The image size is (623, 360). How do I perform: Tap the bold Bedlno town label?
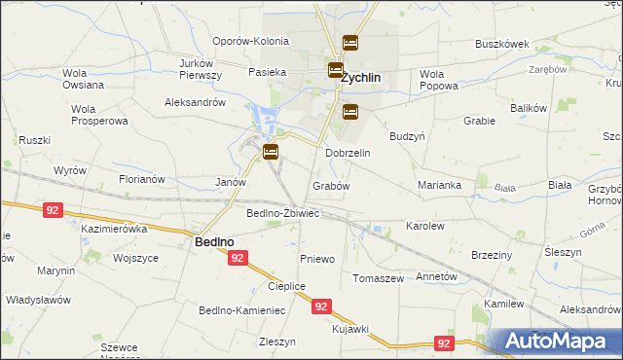213,242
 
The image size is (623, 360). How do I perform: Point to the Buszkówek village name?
501,44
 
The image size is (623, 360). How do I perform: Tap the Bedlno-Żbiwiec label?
283,213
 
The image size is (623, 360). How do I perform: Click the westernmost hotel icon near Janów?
270,152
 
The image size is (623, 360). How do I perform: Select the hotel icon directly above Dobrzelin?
350,112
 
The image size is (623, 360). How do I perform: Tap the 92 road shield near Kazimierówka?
54,208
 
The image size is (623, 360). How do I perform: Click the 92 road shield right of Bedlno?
238,258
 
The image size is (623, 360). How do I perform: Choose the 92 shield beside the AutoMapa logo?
444,343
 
